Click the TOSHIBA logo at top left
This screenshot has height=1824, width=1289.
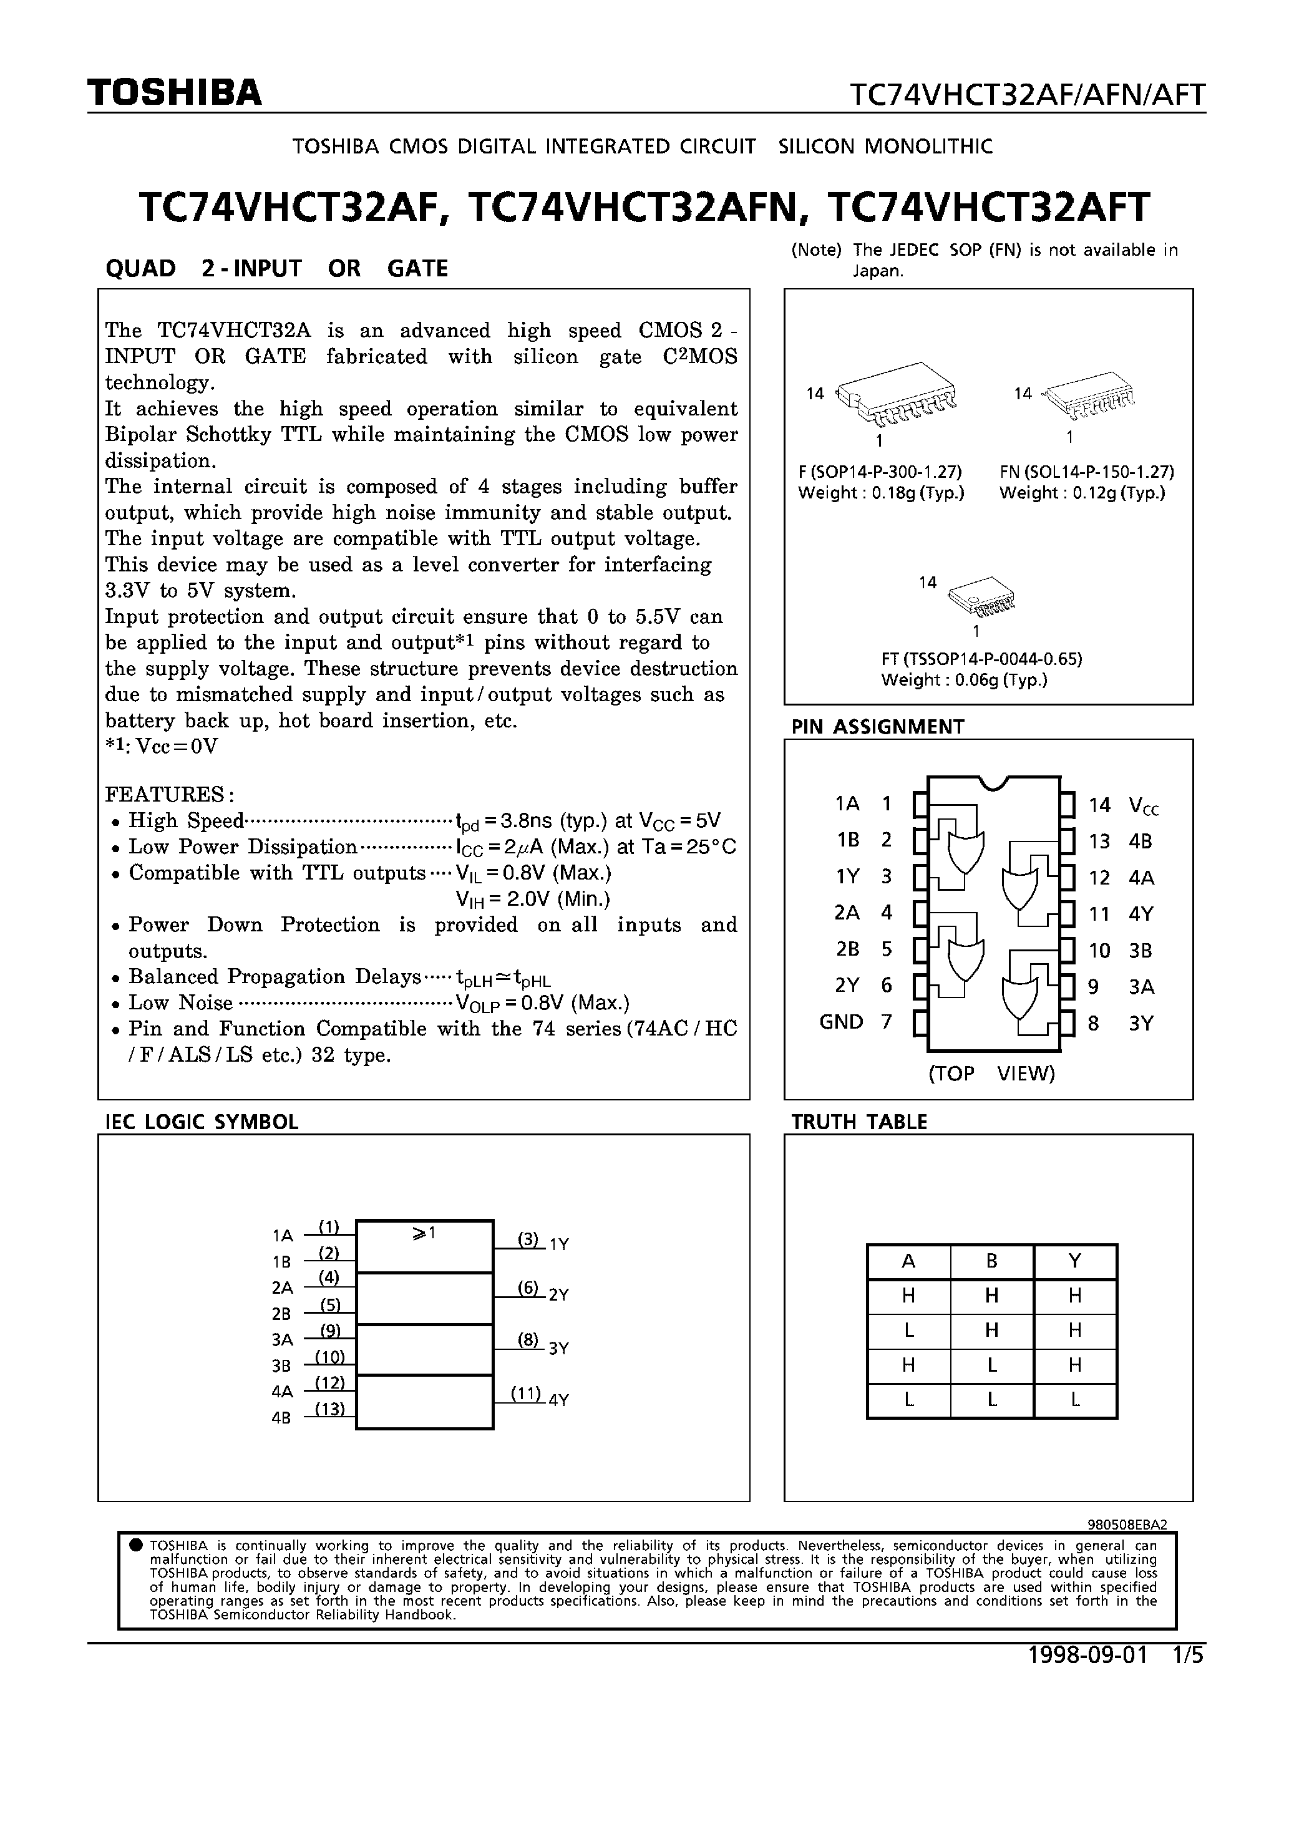point(174,93)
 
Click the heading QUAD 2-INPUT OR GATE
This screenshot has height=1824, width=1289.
point(276,268)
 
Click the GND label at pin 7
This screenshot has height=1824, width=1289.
point(841,1022)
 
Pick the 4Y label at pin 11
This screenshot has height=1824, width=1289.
point(1141,914)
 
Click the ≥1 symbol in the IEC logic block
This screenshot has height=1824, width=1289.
point(424,1234)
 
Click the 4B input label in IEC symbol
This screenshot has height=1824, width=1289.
point(281,1418)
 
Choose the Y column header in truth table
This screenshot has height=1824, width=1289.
point(1074,1261)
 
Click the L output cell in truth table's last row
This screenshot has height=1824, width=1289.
point(1074,1400)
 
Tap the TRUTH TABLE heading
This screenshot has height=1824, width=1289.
point(859,1122)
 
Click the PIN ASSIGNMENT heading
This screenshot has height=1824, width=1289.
point(877,727)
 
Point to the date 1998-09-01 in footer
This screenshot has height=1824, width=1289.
point(1087,1656)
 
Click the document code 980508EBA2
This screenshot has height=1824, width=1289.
point(1126,1525)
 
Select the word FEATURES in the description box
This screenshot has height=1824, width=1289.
point(165,795)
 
